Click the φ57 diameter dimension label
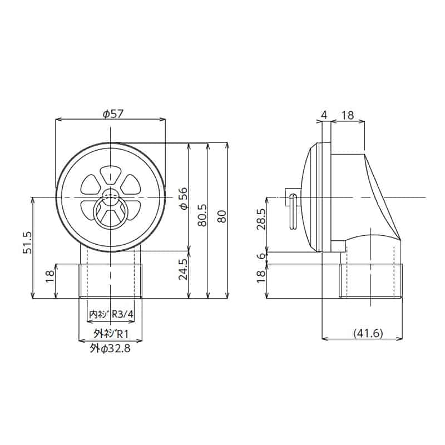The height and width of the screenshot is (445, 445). [113, 113]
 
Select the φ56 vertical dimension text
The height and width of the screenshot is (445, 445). [183, 197]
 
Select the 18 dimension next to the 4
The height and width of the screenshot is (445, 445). [347, 115]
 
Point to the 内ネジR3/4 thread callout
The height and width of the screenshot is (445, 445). [111, 314]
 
